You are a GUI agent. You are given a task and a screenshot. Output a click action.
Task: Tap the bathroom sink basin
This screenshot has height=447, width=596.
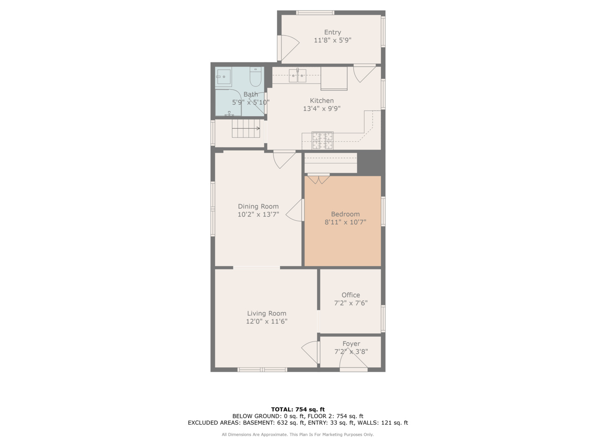[223, 77]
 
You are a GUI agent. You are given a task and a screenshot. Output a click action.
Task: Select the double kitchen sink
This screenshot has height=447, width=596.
[297, 75]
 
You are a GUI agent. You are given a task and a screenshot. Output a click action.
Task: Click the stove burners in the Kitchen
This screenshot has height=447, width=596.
[322, 141]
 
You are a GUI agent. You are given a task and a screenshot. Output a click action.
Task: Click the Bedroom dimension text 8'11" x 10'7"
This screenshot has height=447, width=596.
[345, 222]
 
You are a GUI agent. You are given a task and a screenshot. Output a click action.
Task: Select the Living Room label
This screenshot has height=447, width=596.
[267, 313]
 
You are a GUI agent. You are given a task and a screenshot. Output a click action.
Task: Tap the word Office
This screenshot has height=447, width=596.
[351, 295]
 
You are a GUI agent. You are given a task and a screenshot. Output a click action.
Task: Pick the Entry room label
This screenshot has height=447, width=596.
[332, 32]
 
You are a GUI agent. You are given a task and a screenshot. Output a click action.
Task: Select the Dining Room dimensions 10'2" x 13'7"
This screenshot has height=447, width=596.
[258, 214]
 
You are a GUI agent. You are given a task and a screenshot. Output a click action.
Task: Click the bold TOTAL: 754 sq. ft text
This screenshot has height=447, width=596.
[298, 409]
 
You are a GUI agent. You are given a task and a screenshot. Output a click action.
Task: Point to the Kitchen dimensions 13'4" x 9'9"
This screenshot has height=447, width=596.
[322, 108]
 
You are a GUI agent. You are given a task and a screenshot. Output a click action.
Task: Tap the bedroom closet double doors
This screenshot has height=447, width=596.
[319, 178]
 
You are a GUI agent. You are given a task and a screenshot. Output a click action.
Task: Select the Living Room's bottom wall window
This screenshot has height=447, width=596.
[262, 369]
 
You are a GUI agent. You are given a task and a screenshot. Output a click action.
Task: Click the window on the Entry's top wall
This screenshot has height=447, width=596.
[315, 12]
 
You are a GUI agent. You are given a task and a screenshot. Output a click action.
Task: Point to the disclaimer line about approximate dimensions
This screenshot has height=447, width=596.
[298, 435]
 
